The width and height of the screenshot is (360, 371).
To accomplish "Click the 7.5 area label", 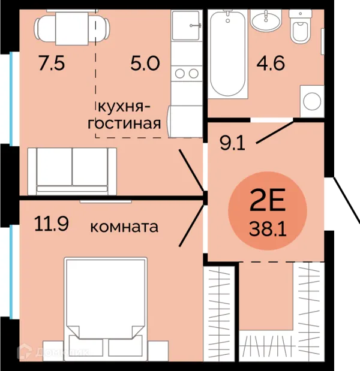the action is pos(52,64).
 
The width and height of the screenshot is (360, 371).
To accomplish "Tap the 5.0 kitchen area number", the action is pos(145,64).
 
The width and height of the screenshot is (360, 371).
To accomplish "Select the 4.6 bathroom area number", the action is pos(271,64).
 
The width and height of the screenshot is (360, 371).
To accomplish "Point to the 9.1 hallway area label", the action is pos(232,143).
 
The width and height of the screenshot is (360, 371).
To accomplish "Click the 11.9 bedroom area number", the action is pos(52,224).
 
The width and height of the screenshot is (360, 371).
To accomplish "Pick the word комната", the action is pos(124,227).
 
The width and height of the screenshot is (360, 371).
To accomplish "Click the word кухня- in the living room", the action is pos(124,107).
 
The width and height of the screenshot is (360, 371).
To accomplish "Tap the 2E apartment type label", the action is pos(268,200).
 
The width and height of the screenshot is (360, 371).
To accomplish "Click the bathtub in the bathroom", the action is pos(227,54).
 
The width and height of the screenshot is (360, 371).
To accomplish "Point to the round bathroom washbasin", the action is pos(266,20).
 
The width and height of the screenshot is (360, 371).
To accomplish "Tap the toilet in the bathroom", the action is pos(301,26).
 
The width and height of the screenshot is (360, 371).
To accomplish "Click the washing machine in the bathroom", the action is pos(312,101).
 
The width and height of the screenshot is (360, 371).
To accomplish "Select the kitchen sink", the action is pos(186,26).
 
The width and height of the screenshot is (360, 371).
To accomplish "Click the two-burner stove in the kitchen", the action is pos(187,74).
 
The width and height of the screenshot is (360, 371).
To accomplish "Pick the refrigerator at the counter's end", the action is pos(185,122).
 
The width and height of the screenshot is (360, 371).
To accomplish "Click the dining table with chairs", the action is pos(72,28).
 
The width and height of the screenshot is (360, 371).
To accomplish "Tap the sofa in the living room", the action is pos(72,171).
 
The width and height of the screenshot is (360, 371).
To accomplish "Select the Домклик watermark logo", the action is pos(53,352).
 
